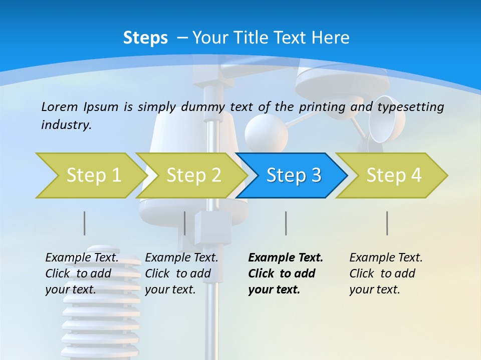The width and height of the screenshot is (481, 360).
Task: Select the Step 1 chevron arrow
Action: click(x=91, y=175)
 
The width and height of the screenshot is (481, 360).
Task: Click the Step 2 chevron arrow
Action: click(x=191, y=175)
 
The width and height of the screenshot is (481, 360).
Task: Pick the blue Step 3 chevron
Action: click(x=292, y=175)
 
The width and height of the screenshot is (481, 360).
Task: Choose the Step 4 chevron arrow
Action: click(x=391, y=175)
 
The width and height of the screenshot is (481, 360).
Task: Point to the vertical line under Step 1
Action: click(x=84, y=223)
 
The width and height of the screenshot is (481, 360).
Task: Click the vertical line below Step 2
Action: click(x=184, y=223)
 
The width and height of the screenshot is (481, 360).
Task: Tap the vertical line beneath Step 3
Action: click(x=286, y=223)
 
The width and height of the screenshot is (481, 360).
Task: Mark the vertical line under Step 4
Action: click(x=387, y=223)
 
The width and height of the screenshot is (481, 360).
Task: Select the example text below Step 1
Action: click(x=82, y=273)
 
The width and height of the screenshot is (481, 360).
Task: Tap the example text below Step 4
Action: click(x=386, y=273)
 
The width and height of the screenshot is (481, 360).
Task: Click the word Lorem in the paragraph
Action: click(x=60, y=107)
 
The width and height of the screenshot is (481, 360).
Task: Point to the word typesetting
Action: click(x=411, y=107)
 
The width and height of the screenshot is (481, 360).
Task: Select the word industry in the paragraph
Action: click(x=66, y=125)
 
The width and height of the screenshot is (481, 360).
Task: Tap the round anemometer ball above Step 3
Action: click(x=266, y=133)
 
